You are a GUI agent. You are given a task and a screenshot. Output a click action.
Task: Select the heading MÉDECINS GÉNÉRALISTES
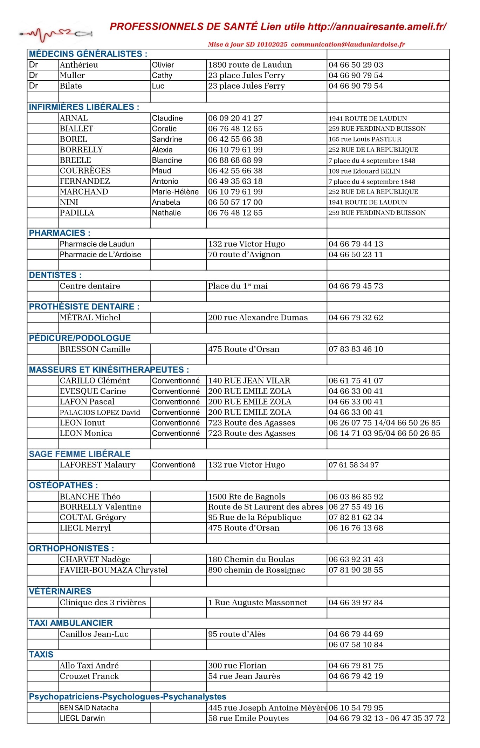pos(88,54)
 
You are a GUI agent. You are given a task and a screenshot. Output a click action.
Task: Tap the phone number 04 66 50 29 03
pos(356,65)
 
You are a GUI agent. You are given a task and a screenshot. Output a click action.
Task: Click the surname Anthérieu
pos(79,65)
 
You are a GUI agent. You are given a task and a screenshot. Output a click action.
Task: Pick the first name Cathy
pos(162,75)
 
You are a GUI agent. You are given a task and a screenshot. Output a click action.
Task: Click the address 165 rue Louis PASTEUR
pos(365,139)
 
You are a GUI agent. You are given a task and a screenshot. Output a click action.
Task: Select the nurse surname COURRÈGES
pos(85,171)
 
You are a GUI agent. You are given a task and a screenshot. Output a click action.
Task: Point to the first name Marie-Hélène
pos(175,192)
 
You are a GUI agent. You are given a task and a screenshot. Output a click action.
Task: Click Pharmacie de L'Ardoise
pos(100,254)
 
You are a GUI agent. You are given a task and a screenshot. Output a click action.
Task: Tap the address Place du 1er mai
pos(238,286)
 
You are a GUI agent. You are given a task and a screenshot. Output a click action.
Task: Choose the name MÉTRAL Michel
pos(90,318)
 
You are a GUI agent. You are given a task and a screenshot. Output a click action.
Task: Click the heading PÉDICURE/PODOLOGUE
pos(80,338)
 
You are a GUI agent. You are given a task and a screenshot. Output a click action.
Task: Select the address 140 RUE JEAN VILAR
pos(249,381)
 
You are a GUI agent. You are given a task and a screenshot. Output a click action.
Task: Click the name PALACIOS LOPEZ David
pos(100,413)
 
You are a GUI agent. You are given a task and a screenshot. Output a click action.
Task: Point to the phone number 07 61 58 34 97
pos(354,465)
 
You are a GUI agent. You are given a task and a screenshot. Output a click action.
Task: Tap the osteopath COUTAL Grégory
pos(93,517)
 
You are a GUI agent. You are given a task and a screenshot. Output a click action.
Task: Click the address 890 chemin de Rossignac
pos(256,570)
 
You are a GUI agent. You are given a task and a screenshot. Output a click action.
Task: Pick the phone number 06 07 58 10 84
pos(356,645)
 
